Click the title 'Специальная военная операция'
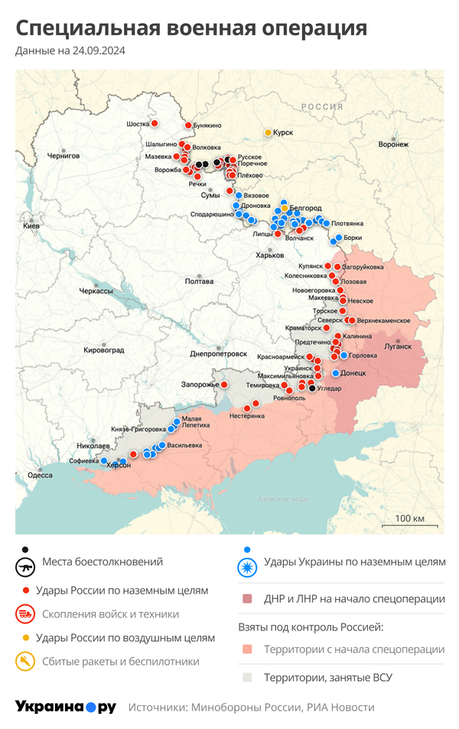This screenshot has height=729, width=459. point(191,29)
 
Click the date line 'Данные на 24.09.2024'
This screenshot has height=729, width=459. point(70,51)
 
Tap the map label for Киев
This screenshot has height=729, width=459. point(31,226)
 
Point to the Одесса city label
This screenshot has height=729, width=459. point(40,475)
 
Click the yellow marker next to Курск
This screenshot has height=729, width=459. point(268,132)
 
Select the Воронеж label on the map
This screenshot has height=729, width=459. point(393,144)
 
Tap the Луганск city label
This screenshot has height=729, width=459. point(397,345)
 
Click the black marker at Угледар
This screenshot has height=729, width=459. point(311,388)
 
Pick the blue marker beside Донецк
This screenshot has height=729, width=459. point(335,373)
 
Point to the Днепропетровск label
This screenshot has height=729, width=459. point(218,354)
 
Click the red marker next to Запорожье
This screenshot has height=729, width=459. point(224,384)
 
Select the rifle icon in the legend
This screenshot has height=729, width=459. point(26,567)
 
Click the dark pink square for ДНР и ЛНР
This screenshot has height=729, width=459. point(246,599)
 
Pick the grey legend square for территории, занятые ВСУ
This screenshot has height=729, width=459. point(246,677)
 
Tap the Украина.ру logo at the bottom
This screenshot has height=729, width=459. point(66,707)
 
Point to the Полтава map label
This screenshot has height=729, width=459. point(200,281)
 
